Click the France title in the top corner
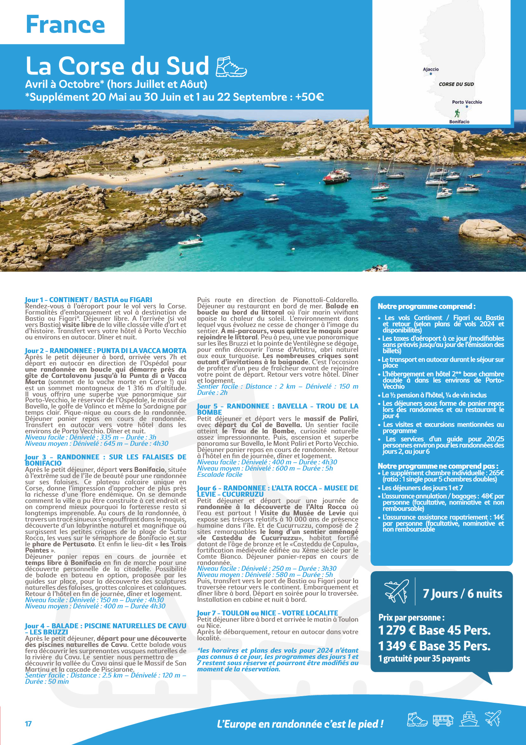pos(65,25)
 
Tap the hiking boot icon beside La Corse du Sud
pos(231,67)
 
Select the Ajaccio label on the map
pos(430,70)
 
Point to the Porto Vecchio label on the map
pos(467,102)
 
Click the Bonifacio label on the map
pos(459,122)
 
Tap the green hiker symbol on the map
pos(457,113)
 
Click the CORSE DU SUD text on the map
pos(456,84)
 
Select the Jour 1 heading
pos(88,300)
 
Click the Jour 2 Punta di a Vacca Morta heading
pos(105,351)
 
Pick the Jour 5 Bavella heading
pos(277,409)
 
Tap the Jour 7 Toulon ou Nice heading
pos(268,613)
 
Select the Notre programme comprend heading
pos(426,306)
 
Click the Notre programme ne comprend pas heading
pos(438,466)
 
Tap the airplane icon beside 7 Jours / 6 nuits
pos(396,592)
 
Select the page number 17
pos(29,723)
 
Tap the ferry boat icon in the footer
pos(469,719)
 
